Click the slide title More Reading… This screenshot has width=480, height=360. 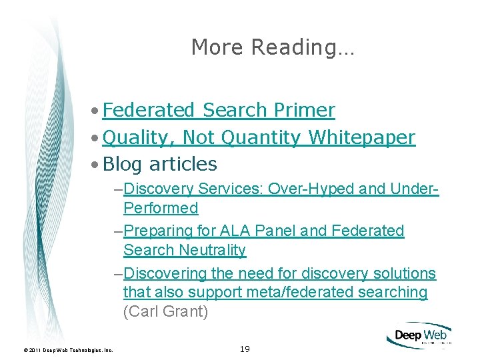tap(273, 47)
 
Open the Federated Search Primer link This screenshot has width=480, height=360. tap(219, 109)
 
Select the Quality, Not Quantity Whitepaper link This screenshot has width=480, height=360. tap(259, 137)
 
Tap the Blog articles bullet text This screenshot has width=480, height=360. tap(160, 164)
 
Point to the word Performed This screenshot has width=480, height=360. tap(161, 208)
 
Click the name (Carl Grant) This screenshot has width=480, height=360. tap(165, 311)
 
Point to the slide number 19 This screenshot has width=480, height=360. tap(244, 349)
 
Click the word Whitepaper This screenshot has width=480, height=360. tap(363, 137)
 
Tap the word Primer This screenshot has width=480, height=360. tap(304, 109)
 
